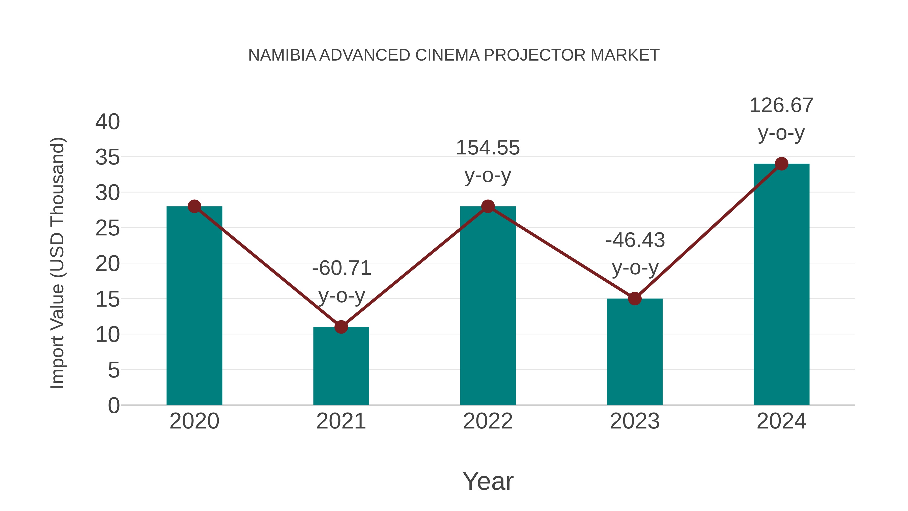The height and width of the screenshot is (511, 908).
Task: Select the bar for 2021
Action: (x=341, y=367)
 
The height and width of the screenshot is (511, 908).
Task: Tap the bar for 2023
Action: (x=635, y=353)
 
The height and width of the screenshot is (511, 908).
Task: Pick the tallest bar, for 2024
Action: (x=781, y=286)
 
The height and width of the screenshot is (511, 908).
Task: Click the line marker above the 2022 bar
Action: (x=488, y=206)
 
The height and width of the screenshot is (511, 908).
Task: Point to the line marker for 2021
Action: (x=341, y=327)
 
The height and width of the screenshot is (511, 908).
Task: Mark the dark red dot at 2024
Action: (x=781, y=164)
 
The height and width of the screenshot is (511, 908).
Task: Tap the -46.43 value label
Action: (x=635, y=240)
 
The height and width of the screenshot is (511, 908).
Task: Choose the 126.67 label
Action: (x=781, y=105)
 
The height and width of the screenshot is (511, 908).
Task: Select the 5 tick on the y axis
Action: (x=113, y=370)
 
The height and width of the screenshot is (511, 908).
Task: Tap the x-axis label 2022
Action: (x=488, y=421)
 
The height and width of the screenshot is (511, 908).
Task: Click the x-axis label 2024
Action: (x=781, y=421)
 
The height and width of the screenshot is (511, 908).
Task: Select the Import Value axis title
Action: (x=57, y=263)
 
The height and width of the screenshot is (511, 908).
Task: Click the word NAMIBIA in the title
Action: (x=282, y=55)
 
